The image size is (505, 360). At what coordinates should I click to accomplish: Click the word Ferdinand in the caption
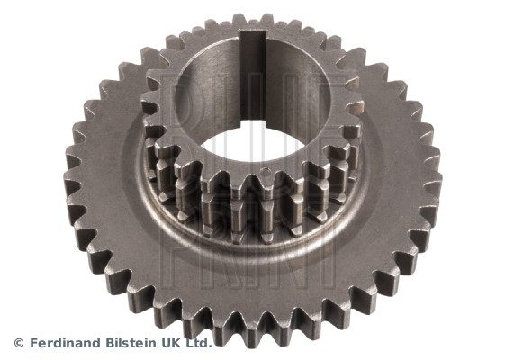[x=64, y=343]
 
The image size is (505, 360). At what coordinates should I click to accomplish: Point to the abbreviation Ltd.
[x=199, y=343]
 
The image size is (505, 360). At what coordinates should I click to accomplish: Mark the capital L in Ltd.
[x=190, y=343]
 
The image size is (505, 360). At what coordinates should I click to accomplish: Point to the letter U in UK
[x=167, y=343]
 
